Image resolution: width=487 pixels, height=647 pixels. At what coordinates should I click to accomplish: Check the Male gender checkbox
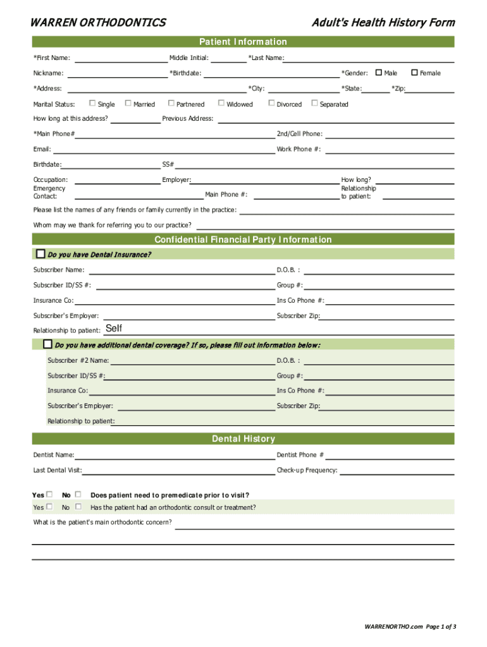point(379,73)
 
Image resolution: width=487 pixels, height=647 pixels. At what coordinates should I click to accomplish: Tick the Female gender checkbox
point(415,73)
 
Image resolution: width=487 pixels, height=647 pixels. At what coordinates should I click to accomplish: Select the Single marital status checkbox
point(92,103)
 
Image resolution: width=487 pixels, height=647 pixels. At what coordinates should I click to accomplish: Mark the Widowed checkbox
point(221,103)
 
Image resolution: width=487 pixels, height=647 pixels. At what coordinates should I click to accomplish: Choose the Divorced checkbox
point(271,103)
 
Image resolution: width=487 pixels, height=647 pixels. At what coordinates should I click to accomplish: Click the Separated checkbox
point(314,103)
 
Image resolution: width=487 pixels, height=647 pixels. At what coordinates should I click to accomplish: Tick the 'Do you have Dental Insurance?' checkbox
point(40,254)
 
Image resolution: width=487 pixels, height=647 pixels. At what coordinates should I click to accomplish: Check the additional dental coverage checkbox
point(47,344)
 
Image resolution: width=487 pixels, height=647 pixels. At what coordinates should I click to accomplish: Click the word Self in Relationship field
point(114,329)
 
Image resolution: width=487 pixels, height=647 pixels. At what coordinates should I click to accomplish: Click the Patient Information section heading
point(243,42)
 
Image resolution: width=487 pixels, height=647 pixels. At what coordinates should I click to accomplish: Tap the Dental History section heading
point(243,438)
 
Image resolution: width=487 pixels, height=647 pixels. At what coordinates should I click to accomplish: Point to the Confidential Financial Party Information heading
point(243,239)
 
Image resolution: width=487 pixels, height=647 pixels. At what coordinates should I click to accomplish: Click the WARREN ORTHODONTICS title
point(99,23)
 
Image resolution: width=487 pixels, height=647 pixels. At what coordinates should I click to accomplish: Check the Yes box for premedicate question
point(49,494)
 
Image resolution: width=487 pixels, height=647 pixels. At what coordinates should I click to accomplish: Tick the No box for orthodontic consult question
point(78,507)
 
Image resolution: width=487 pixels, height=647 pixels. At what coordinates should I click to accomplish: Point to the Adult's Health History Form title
point(383,23)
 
